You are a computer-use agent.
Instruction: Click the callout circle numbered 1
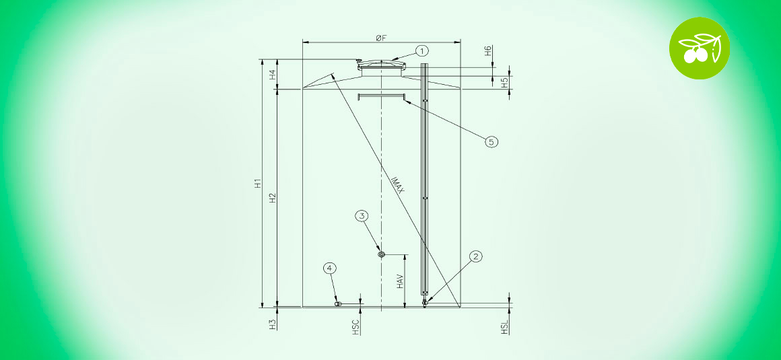click(x=422, y=50)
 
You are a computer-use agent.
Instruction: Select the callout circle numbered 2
click(x=476, y=256)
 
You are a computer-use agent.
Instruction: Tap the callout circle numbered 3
click(x=362, y=215)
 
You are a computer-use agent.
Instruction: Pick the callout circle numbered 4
click(x=330, y=268)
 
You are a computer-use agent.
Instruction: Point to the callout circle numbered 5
click(x=491, y=142)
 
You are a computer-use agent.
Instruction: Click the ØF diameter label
click(x=381, y=38)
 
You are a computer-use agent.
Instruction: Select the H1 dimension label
click(x=258, y=183)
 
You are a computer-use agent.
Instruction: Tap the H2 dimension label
click(x=273, y=199)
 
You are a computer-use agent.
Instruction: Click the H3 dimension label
click(x=273, y=325)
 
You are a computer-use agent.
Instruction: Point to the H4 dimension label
click(x=273, y=75)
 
